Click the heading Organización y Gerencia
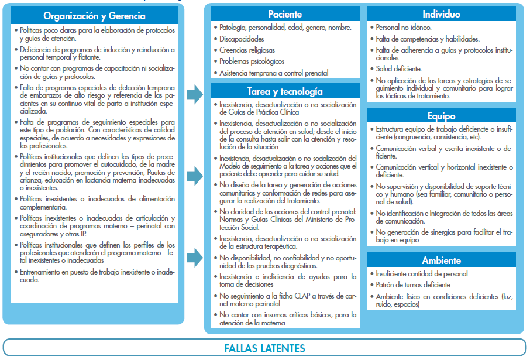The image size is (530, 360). [95, 16]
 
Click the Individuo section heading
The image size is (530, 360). [442, 14]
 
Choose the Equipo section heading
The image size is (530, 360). [442, 116]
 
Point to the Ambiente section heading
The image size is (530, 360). [442, 260]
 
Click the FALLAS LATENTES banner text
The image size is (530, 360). [264, 348]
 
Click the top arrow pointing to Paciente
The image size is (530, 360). [194, 93]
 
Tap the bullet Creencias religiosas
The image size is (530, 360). [247, 50]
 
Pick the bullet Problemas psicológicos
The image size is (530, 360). [252, 61]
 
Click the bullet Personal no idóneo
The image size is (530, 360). [404, 28]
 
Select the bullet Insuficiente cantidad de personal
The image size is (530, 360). [422, 274]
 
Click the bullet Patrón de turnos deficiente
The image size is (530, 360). [413, 285]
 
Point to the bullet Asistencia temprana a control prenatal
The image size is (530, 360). [274, 73]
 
